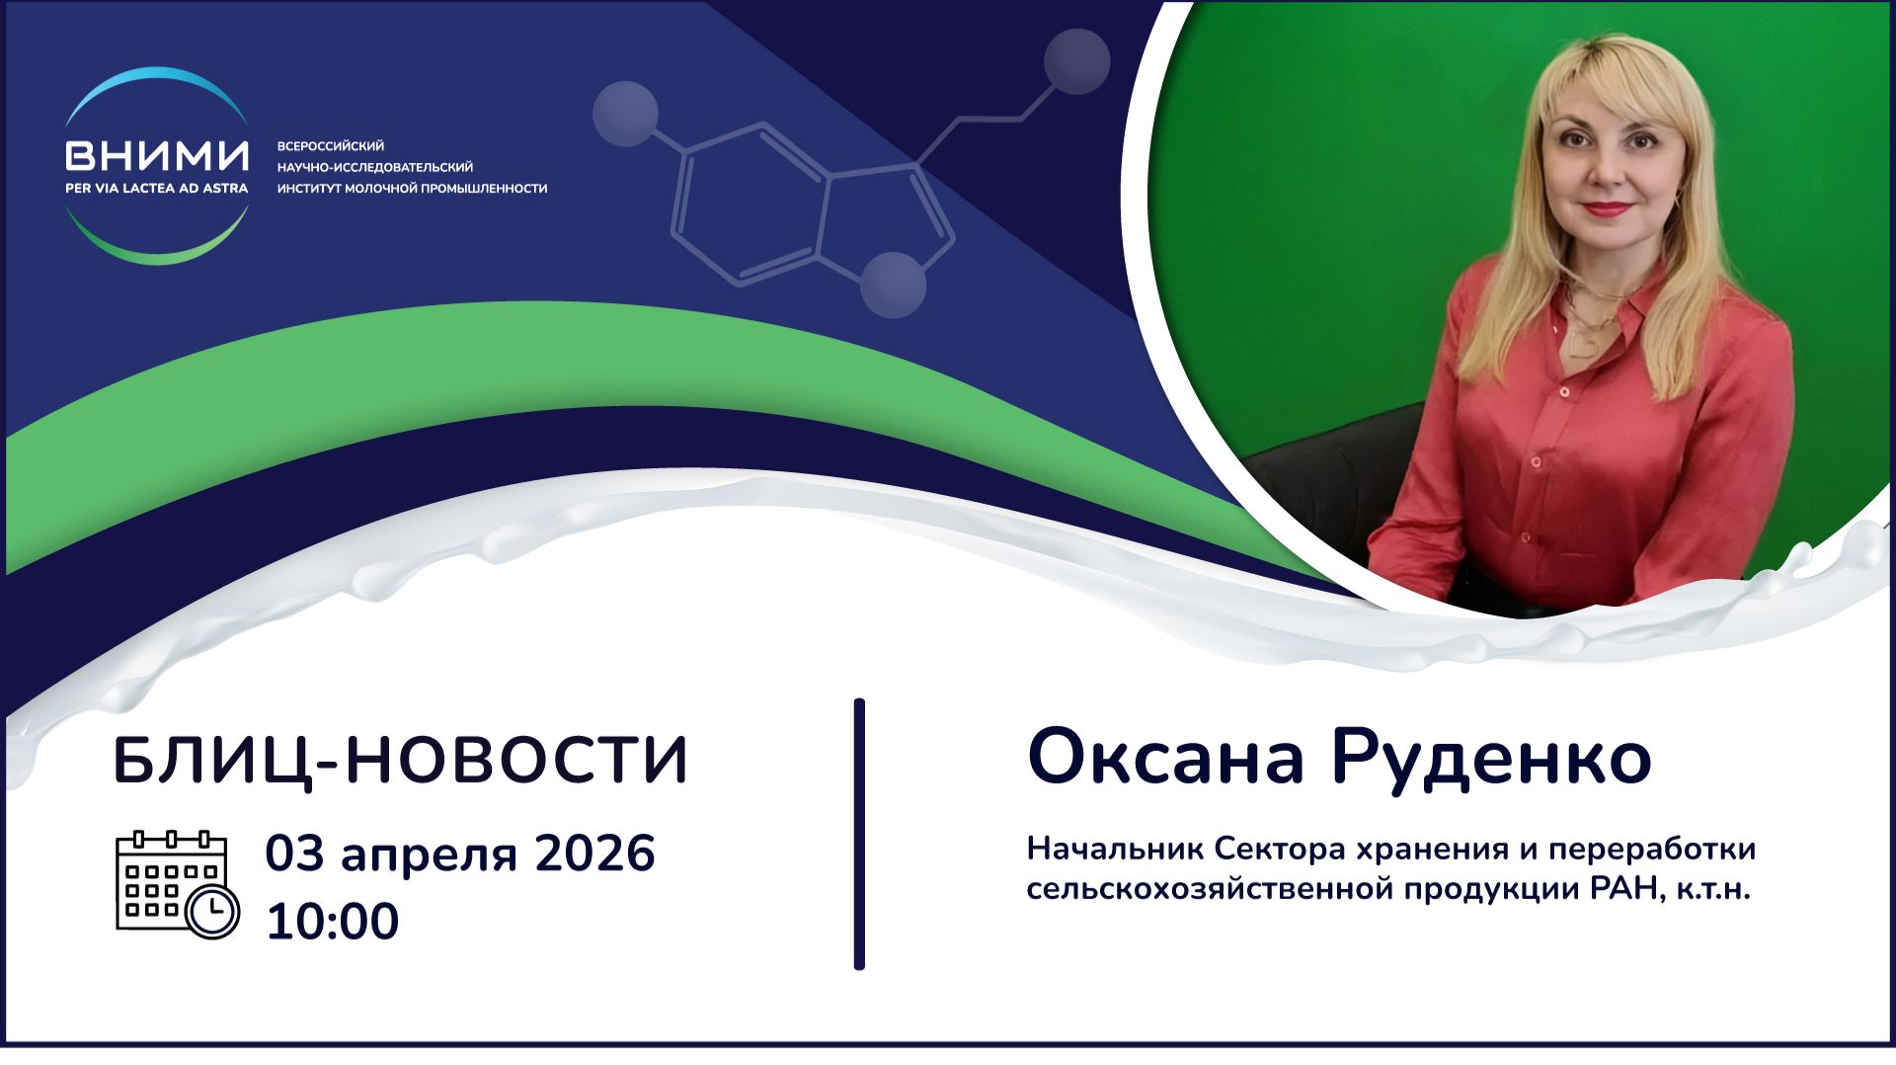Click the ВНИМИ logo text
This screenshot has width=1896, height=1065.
point(157,155)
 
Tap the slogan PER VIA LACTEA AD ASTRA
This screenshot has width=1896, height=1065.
point(157,188)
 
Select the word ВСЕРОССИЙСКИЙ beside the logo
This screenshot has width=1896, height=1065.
point(331,146)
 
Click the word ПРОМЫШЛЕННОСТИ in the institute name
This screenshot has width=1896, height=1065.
point(484,189)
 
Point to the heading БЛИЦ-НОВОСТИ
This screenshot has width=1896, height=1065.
point(401,761)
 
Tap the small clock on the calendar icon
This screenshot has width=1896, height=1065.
point(212,912)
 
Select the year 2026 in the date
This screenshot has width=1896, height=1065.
point(594,854)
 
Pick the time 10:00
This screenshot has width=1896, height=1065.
point(332,921)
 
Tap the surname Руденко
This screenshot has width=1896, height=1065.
point(1490,759)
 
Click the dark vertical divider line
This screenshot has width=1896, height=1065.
point(859,835)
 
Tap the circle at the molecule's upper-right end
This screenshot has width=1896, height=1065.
point(1076,62)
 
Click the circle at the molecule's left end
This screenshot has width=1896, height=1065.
point(625,114)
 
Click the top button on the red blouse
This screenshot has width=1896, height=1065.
point(1564,392)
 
